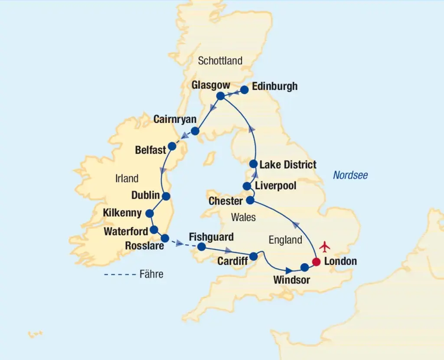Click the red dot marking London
click(x=317, y=262)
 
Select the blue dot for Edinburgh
click(x=244, y=90)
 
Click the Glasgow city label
click(x=210, y=85)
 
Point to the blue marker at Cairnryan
click(x=195, y=131)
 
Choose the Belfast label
click(x=150, y=150)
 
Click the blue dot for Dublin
click(x=166, y=196)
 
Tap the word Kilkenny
click(x=122, y=213)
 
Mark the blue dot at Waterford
click(x=153, y=230)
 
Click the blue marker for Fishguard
click(x=201, y=247)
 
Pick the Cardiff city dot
click(x=254, y=256)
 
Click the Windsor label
click(x=291, y=280)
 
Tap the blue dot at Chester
click(x=250, y=201)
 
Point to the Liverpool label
click(x=276, y=186)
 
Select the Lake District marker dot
click(x=254, y=164)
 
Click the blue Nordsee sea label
click(x=350, y=175)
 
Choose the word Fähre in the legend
click(x=151, y=274)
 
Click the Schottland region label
click(x=220, y=61)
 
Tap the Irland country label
click(x=127, y=178)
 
